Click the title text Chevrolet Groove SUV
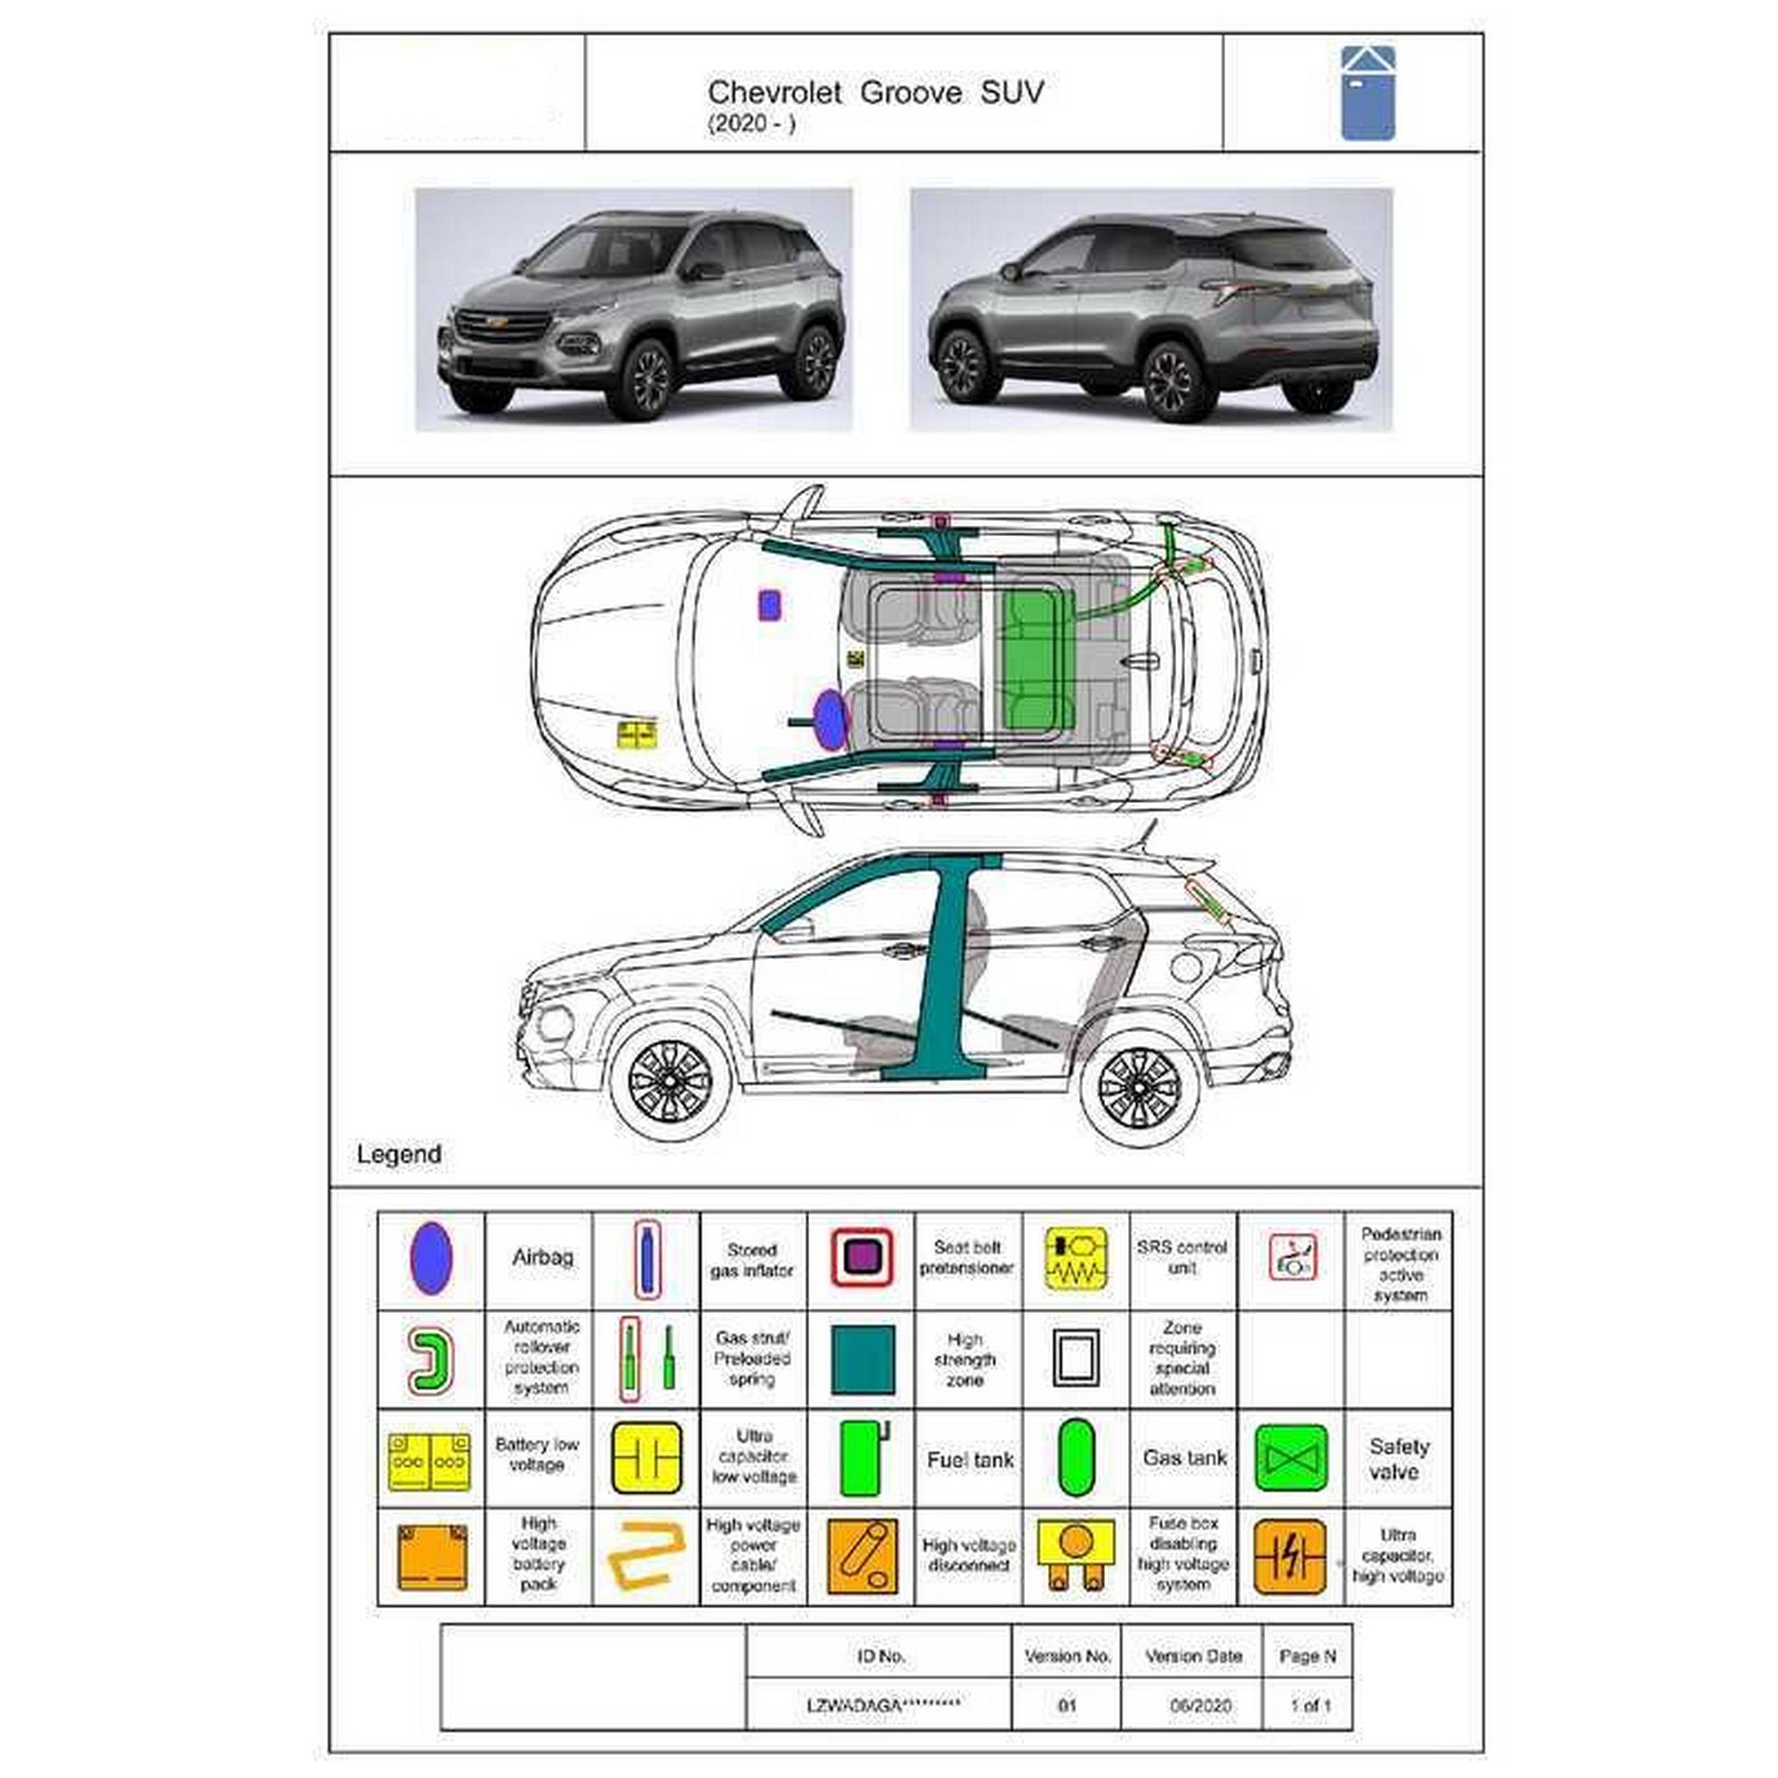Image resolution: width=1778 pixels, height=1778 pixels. click(x=875, y=93)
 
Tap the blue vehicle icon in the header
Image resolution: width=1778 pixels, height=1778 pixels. click(x=1367, y=93)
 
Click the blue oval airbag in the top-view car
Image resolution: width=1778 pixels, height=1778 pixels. click(x=830, y=718)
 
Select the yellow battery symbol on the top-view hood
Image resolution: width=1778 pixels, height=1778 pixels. click(x=636, y=734)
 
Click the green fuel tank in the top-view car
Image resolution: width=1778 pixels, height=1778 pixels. click(x=1038, y=659)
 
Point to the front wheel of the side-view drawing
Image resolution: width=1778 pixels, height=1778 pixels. click(x=670, y=1079)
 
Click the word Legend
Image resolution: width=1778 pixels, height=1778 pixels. click(x=398, y=1154)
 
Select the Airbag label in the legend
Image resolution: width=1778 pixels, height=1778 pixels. click(x=542, y=1257)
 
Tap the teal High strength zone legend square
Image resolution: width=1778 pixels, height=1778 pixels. click(x=862, y=1360)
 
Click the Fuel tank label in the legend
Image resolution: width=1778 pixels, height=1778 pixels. click(x=970, y=1461)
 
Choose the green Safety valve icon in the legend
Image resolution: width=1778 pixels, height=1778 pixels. click(x=1290, y=1460)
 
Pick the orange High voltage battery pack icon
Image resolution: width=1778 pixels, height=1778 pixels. click(x=432, y=1558)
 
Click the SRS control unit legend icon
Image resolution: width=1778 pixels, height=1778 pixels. click(x=1076, y=1259)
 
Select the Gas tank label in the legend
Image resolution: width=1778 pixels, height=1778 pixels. click(x=1184, y=1459)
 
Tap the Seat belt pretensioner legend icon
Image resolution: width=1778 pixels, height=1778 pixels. click(x=861, y=1257)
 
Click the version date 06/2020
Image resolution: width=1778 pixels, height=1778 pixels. click(x=1200, y=1705)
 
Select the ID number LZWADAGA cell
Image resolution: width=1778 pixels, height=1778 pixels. click(x=883, y=1705)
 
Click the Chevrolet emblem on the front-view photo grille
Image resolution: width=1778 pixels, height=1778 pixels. click(x=497, y=322)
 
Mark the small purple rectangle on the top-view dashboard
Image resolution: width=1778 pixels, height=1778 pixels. click(x=769, y=605)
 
